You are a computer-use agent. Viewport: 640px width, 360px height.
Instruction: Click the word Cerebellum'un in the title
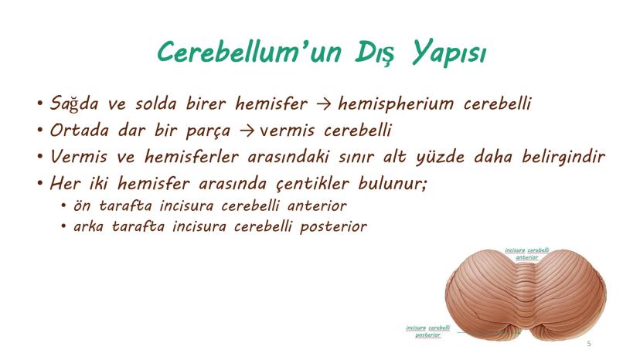pos(250,53)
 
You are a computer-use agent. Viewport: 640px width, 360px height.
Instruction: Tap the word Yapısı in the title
pos(448,53)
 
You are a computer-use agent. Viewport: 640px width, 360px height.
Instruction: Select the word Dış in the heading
pos(375,53)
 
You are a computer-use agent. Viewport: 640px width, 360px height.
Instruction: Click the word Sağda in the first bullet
pos(74,104)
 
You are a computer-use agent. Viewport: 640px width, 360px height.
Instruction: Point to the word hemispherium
pos(396,104)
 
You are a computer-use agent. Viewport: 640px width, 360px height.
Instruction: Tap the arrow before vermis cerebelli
pos(246,131)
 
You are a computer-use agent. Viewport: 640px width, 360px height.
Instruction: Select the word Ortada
pos(79,131)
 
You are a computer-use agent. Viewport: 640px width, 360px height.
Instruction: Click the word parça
pos(208,131)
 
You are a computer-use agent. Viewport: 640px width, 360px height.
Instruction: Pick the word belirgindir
pos(563,157)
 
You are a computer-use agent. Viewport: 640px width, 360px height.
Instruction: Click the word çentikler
pos(312,184)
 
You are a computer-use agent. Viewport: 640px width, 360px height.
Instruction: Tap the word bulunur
pos(392,184)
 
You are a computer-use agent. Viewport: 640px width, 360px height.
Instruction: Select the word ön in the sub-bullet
pos(82,205)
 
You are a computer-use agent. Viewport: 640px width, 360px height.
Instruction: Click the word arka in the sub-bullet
pos(88,226)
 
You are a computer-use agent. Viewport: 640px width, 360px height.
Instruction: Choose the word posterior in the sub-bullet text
pos(333,226)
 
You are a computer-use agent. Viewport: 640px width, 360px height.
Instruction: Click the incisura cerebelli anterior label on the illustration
pos(526,253)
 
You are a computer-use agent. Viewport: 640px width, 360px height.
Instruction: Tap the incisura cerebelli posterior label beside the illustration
pos(427,331)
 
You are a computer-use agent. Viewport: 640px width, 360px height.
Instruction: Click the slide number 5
pos(588,344)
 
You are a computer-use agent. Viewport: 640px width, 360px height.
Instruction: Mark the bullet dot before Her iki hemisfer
pos(39,183)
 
